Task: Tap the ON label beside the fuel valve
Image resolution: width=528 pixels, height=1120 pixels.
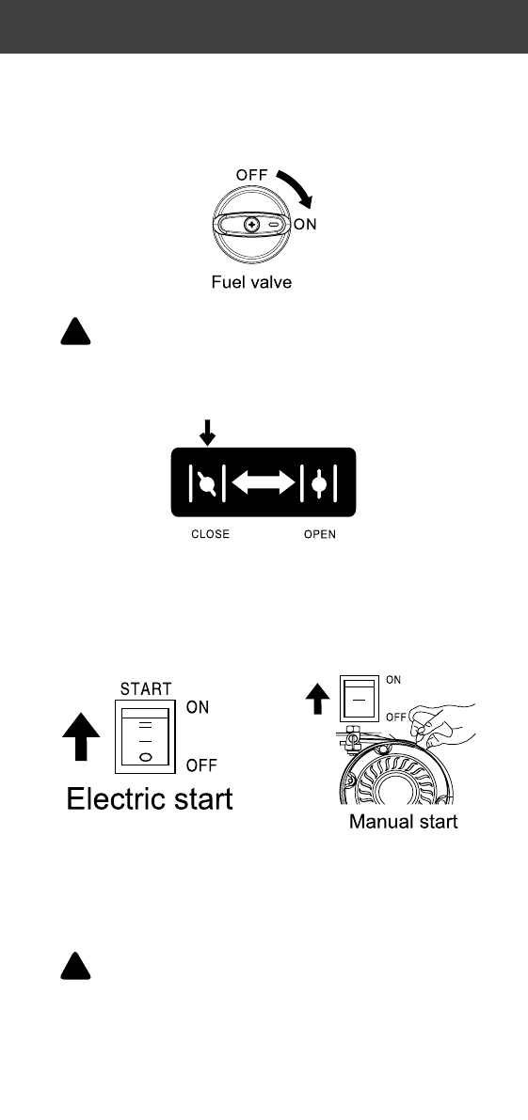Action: click(x=305, y=225)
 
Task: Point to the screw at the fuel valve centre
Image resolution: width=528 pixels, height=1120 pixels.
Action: click(x=250, y=225)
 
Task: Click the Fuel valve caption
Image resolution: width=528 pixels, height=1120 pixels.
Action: click(x=251, y=282)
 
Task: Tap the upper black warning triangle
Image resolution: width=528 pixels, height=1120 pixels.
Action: click(x=75, y=331)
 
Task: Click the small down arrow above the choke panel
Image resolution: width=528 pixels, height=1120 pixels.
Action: click(x=207, y=433)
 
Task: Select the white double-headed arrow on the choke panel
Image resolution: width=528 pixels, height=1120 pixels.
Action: click(x=264, y=482)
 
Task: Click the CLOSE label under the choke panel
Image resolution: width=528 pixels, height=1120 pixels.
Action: click(x=210, y=534)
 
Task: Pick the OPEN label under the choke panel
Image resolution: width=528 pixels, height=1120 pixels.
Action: click(x=319, y=534)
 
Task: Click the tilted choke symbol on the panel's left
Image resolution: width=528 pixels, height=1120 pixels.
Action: click(x=208, y=483)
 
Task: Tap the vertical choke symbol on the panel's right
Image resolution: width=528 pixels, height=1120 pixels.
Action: click(x=319, y=483)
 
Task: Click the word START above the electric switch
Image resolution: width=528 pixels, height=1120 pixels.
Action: click(x=146, y=689)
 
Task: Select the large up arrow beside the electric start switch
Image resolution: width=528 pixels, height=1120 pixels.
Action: click(x=81, y=736)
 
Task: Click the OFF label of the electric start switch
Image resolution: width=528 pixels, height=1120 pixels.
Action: click(x=201, y=766)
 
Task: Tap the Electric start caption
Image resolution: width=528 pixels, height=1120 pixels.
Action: click(x=150, y=797)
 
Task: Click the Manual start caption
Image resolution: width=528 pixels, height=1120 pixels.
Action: click(x=403, y=822)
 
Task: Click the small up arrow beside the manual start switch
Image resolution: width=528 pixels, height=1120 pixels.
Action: click(x=318, y=699)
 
